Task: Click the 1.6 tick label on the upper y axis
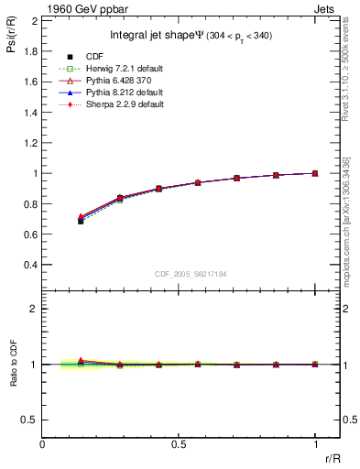[x=27, y=82]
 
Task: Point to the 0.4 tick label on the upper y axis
[x=27, y=265]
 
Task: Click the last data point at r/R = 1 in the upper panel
[x=314, y=173]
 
